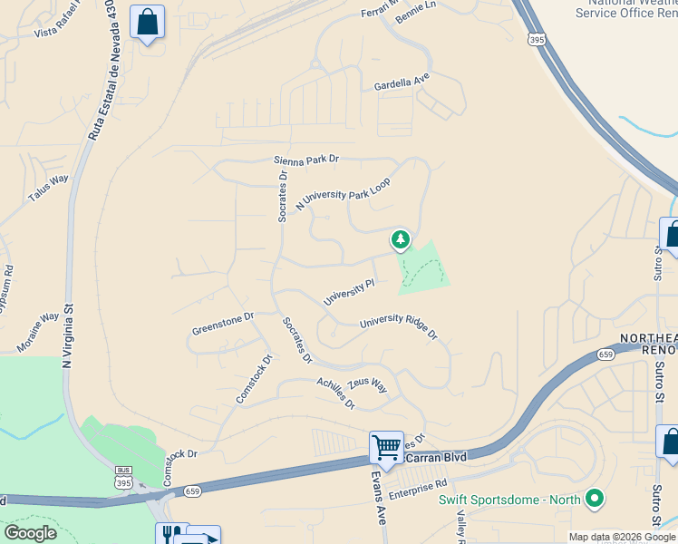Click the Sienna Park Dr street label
coord(306,160)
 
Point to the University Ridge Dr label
coord(399,326)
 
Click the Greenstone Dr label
coord(223,324)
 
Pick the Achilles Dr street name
coord(335,393)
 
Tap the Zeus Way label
coord(367,385)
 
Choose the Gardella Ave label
coord(402,83)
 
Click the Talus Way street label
coord(48,188)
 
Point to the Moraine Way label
coord(37,333)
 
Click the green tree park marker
coord(400,240)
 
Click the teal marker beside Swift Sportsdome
coord(595,498)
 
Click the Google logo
coord(30,533)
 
